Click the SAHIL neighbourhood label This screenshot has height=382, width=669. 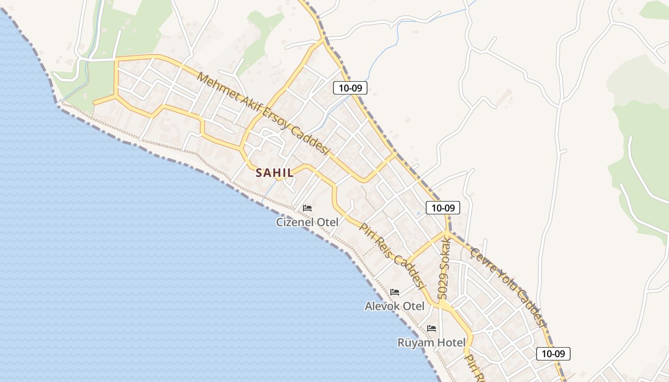(275, 172)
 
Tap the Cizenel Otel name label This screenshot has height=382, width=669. (307, 222)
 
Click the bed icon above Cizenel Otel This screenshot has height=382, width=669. (307, 208)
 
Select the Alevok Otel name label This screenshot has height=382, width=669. (394, 306)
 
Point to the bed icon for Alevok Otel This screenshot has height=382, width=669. (395, 292)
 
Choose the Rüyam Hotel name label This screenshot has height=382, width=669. (432, 342)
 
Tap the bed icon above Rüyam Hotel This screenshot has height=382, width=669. (432, 328)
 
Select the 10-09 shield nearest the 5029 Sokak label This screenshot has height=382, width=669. (443, 208)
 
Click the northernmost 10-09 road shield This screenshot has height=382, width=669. (350, 87)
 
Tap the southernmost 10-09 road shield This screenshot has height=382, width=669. (553, 354)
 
